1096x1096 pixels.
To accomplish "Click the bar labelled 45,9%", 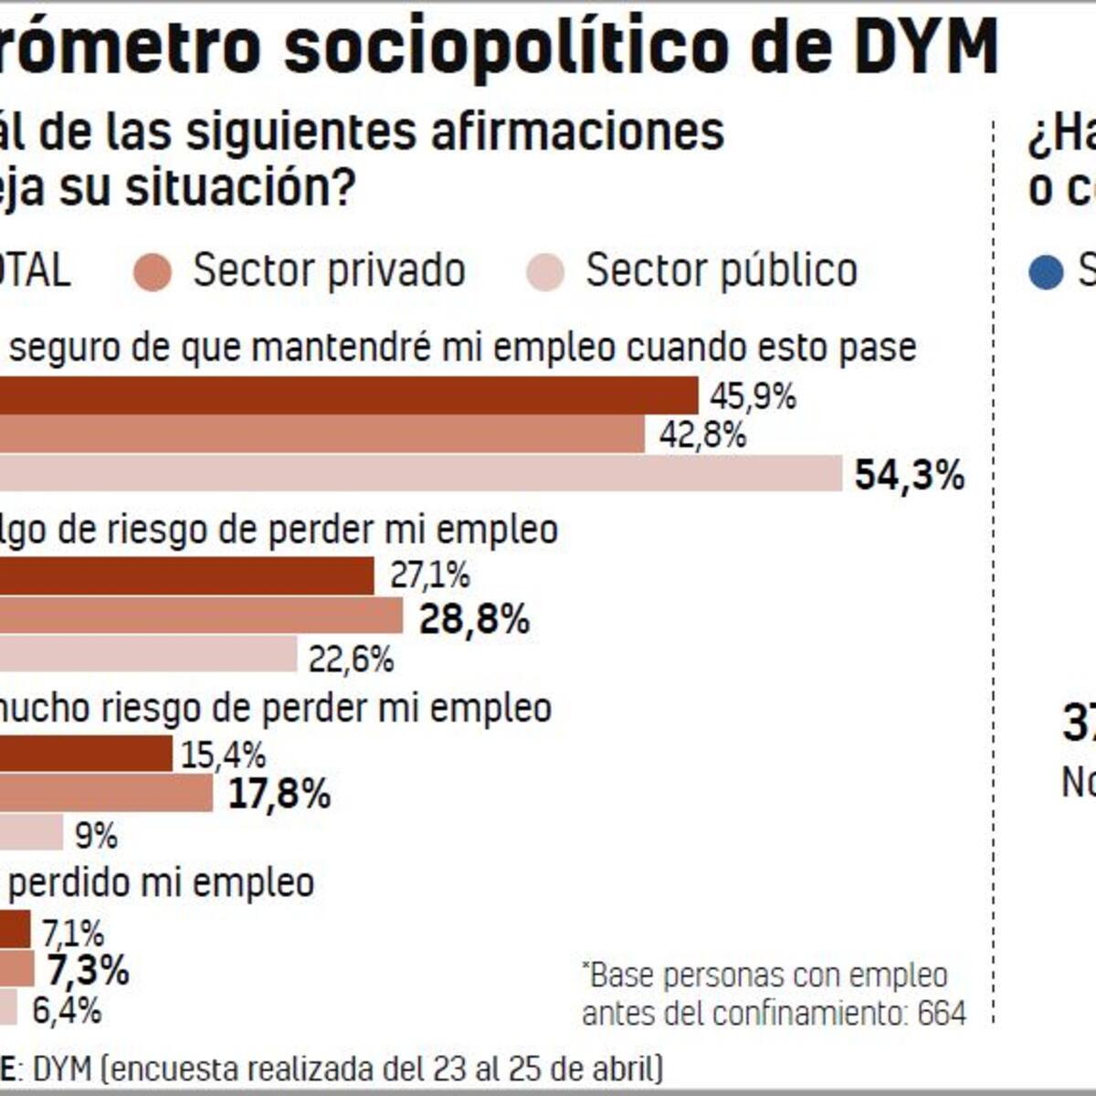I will tap(347, 395).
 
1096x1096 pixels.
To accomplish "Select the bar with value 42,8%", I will tap(321, 435).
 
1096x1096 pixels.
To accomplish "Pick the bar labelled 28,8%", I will tap(201, 616).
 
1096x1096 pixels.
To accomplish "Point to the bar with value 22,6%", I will tap(148, 655).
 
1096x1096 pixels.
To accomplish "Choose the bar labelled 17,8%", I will tap(106, 794).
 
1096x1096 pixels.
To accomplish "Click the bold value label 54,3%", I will tap(909, 476).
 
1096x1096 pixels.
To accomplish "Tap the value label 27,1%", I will tap(429, 575).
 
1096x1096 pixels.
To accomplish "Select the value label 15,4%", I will tap(223, 755).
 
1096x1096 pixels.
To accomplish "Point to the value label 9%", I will tap(96, 834).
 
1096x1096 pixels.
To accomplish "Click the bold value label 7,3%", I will tap(88, 970).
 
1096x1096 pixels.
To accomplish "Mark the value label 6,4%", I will tap(67, 1010).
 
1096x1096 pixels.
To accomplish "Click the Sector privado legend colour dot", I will tap(153, 272).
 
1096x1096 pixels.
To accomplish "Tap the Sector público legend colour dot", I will tap(545, 272).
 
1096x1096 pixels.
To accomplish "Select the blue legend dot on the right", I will tap(1045, 272).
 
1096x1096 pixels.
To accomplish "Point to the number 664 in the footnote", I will tap(942, 1013).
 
